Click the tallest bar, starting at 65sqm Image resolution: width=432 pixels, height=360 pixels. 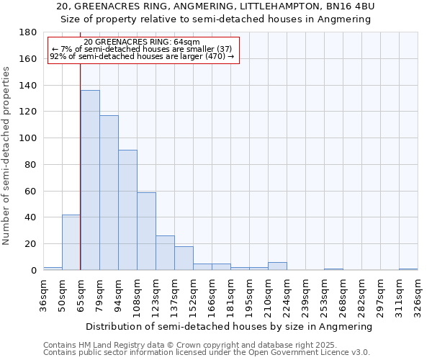(x=90, y=180)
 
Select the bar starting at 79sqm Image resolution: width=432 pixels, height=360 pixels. (x=109, y=193)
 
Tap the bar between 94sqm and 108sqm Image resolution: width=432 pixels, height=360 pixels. (x=127, y=210)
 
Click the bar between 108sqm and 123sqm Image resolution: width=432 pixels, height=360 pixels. (x=146, y=231)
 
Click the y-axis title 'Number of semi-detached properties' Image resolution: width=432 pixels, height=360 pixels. (x=6, y=156)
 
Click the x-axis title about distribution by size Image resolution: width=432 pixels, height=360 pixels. (x=230, y=326)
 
